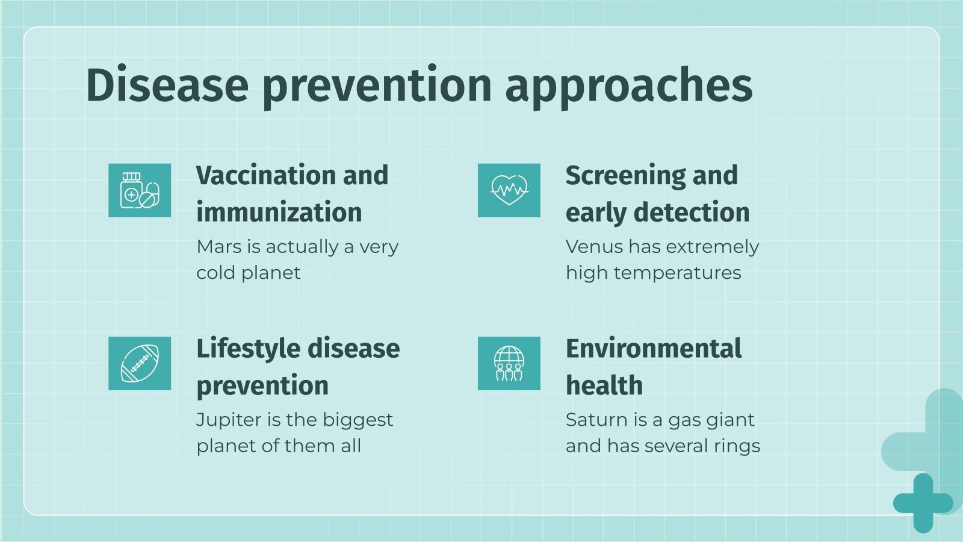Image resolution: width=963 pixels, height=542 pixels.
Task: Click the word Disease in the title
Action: [x=167, y=85]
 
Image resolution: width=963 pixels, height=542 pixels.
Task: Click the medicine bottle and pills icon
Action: [x=140, y=190]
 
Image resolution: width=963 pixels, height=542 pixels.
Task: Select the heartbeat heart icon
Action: [x=509, y=190]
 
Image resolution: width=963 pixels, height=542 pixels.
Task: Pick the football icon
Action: [x=140, y=363]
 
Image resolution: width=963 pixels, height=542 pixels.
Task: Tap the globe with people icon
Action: [x=509, y=363]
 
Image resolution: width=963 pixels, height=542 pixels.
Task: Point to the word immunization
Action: [x=279, y=213]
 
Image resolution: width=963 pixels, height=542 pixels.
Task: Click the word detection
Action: [x=692, y=213]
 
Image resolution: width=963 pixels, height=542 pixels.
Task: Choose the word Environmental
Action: [x=654, y=349]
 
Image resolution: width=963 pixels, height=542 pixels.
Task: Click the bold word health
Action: [x=604, y=385]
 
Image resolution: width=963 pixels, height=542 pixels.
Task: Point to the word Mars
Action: [x=218, y=247]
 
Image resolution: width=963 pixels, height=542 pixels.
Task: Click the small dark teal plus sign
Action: [x=923, y=503]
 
